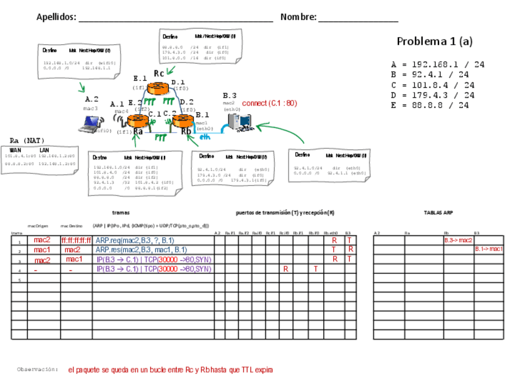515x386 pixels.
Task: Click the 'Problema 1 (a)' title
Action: coord(434,41)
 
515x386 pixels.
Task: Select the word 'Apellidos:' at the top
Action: coord(56,17)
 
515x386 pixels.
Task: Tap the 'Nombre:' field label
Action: coord(298,17)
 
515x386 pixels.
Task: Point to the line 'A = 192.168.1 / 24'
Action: coord(437,64)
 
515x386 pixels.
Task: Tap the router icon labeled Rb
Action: coord(182,120)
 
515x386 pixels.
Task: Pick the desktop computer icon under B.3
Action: coord(238,122)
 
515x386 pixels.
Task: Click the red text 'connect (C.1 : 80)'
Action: coord(269,103)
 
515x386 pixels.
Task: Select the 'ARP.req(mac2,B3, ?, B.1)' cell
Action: coord(135,240)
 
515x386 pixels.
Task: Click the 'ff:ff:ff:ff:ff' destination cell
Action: coord(76,240)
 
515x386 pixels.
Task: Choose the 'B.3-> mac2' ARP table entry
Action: coord(458,240)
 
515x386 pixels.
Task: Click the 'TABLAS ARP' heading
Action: coord(438,213)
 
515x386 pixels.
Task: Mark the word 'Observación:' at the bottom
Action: coord(38,369)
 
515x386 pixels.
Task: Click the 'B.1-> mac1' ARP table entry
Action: coord(488,249)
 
